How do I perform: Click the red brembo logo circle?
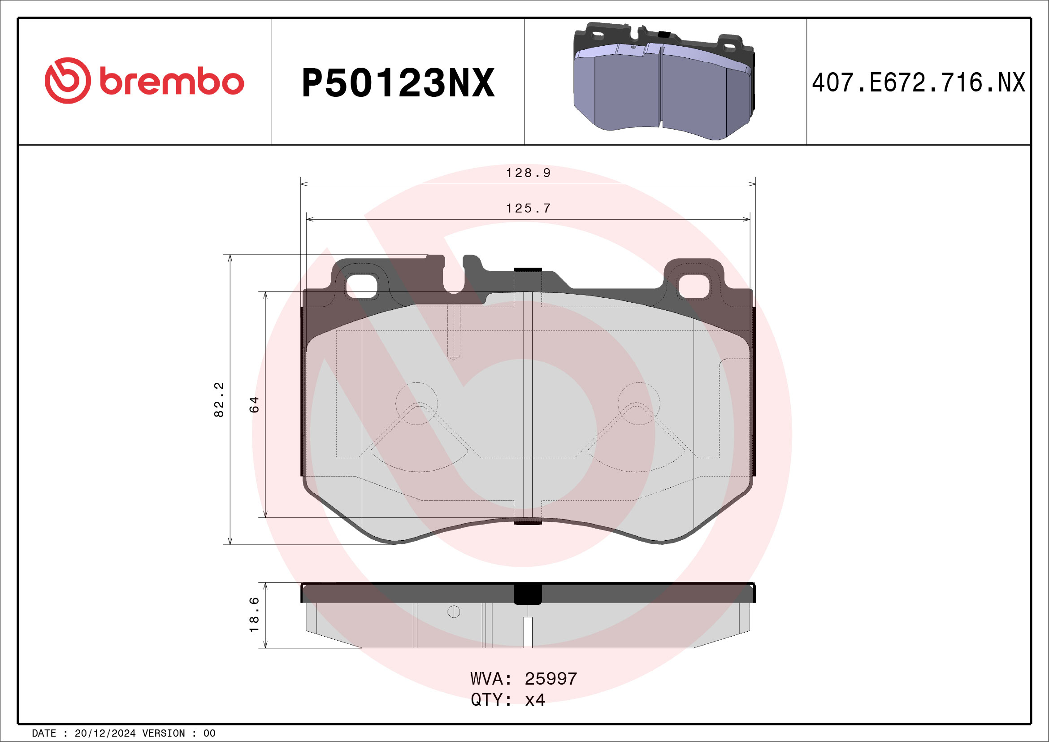click(68, 80)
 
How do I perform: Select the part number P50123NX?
click(398, 83)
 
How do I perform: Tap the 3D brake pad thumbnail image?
click(664, 81)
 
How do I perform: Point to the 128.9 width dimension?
click(528, 173)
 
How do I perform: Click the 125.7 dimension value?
click(528, 208)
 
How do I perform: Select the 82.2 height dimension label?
click(219, 400)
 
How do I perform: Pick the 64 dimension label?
click(254, 404)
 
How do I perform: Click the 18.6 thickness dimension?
click(254, 615)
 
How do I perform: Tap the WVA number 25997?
click(551, 679)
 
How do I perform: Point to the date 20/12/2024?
click(105, 733)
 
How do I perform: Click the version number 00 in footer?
click(209, 733)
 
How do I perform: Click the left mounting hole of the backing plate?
click(361, 286)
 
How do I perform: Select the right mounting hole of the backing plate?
click(694, 286)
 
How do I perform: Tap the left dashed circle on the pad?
click(416, 404)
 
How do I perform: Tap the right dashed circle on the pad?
click(639, 404)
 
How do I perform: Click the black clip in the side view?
click(528, 594)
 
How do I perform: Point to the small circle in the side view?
click(453, 612)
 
